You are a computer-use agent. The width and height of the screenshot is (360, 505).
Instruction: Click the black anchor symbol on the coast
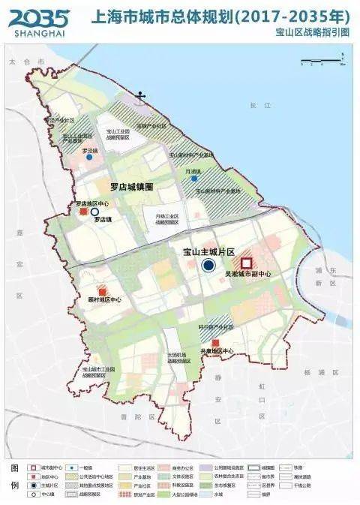click(139, 96)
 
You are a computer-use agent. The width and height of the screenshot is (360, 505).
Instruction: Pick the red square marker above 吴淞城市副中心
click(246, 263)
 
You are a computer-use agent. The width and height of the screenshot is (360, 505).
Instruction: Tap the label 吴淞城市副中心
click(247, 275)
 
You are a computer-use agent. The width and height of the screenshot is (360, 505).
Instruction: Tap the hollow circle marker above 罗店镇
click(94, 212)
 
